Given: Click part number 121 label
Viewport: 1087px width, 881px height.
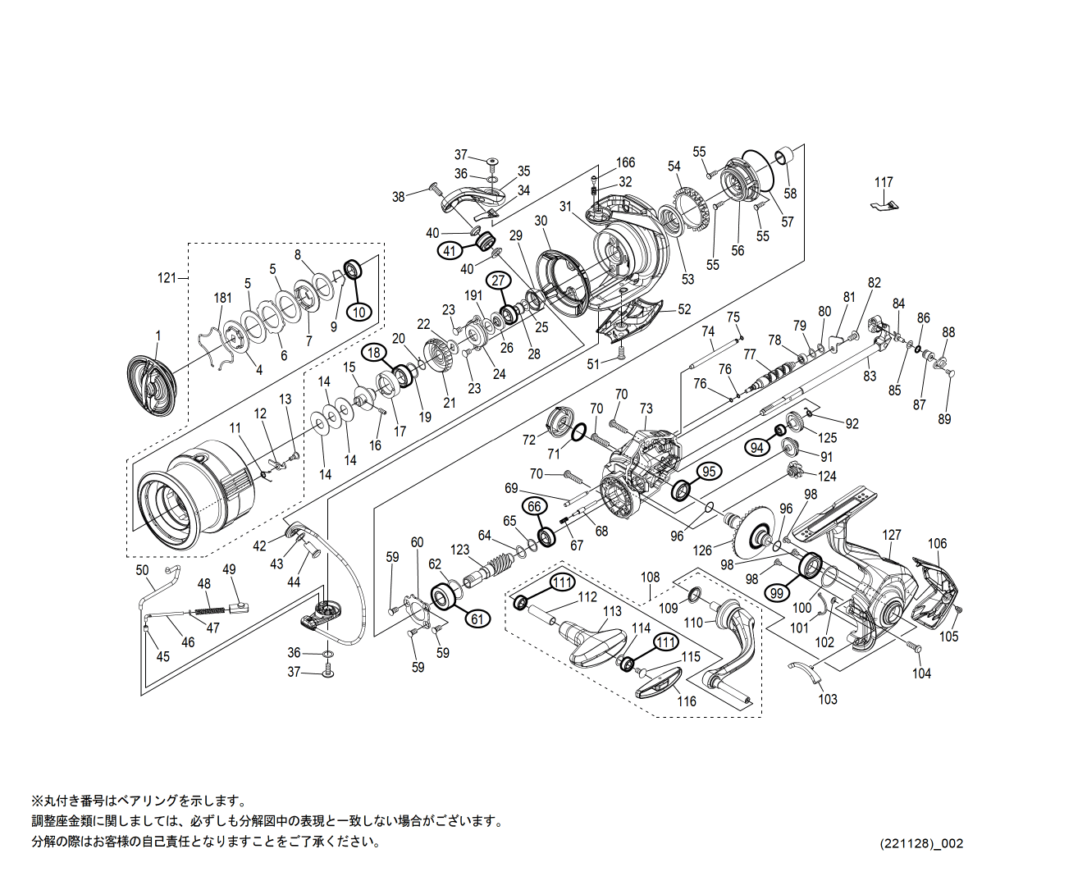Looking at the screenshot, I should tap(167, 278).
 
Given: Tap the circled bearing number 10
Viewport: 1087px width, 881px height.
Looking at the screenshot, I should tap(359, 312).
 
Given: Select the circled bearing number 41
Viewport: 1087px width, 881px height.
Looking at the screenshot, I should tap(450, 251).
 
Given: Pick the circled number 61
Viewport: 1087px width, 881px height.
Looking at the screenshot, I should tap(477, 619).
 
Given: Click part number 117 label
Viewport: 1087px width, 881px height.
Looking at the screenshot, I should tap(884, 182).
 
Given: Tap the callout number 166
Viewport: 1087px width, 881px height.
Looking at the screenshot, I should tap(625, 163).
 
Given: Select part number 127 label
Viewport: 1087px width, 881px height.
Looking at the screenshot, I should tap(892, 535).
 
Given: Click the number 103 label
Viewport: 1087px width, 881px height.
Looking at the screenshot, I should tap(828, 699).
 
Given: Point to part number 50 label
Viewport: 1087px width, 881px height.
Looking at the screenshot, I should tap(142, 570).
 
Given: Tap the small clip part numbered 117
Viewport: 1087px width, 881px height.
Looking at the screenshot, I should tap(884, 203).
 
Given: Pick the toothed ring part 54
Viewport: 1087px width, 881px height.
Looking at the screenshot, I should tap(691, 211).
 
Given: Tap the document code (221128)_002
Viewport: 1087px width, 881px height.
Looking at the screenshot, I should tap(922, 843).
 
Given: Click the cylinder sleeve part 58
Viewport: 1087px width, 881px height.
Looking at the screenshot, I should tap(784, 155).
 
